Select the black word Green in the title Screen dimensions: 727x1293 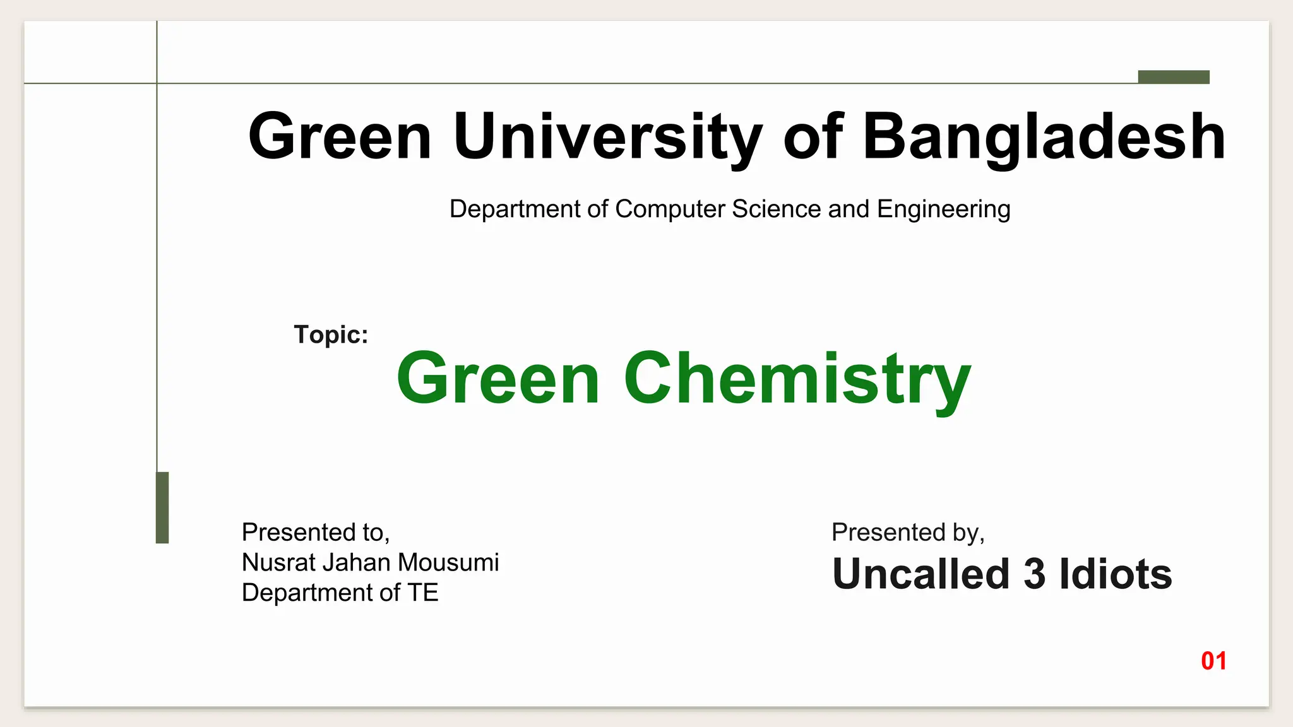(x=340, y=136)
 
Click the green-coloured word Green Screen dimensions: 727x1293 (x=498, y=379)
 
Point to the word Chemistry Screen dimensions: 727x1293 (x=797, y=379)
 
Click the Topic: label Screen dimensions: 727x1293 (x=331, y=334)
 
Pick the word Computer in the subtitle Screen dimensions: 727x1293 (x=670, y=209)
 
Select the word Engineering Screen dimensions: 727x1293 (x=943, y=209)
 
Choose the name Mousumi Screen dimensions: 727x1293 (x=448, y=562)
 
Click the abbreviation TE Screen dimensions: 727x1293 (x=422, y=593)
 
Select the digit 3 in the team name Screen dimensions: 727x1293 (x=1034, y=574)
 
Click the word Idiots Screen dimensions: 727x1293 (x=1115, y=574)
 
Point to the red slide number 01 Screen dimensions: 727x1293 (x=1213, y=661)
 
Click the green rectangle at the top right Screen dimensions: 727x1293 (x=1174, y=77)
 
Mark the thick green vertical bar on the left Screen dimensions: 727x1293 (x=162, y=507)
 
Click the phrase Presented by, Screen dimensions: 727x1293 (x=908, y=532)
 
